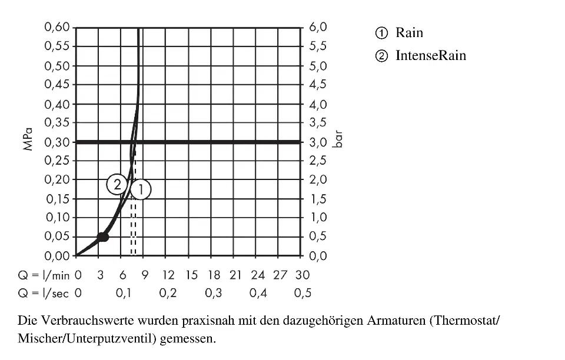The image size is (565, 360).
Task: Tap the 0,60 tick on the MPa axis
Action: click(57, 27)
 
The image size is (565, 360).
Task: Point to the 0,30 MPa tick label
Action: click(57, 142)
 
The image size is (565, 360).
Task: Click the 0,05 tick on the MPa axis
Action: click(57, 236)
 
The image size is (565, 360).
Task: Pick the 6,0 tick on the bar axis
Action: click(318, 27)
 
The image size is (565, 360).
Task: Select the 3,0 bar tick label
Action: click(318, 142)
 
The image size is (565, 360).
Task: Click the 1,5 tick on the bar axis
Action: click(318, 199)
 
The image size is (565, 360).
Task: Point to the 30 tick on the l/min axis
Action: click(303, 275)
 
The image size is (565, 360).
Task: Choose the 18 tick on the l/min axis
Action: click(214, 275)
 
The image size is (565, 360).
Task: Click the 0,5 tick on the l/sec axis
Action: click(303, 293)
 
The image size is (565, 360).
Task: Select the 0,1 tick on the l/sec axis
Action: click(123, 293)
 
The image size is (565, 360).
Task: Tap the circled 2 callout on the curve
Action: click(117, 185)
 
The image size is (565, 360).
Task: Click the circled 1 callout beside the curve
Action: click(141, 189)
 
